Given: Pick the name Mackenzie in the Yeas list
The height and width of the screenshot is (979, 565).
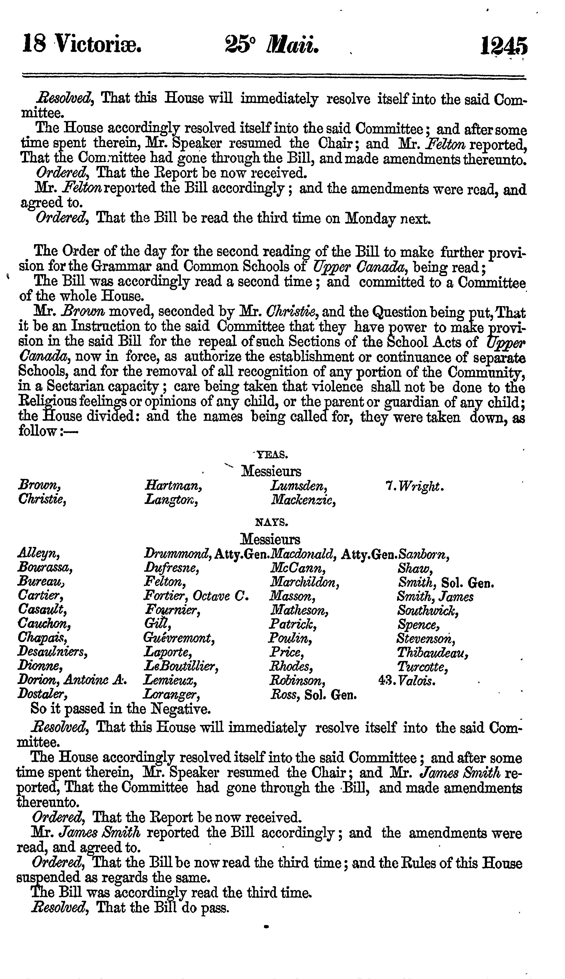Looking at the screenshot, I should point(303,501).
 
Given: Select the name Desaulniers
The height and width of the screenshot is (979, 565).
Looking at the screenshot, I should point(52,652).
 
